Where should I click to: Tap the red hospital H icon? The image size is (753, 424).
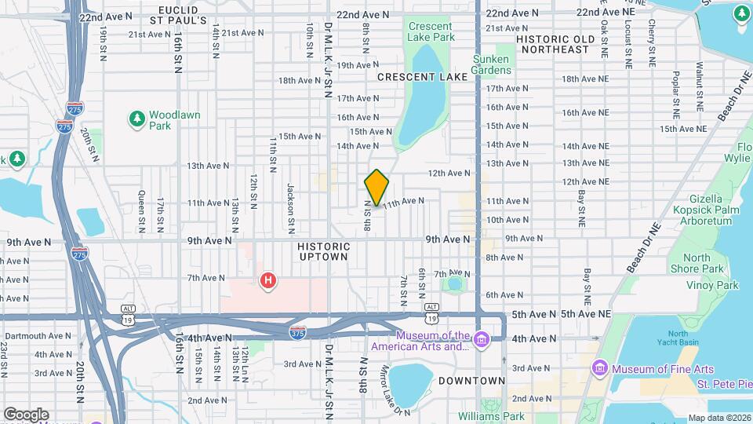click(x=268, y=280)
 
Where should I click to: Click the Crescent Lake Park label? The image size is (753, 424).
click(x=431, y=31)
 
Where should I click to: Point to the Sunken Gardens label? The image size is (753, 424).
click(x=492, y=64)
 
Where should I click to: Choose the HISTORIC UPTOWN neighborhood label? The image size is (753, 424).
click(x=323, y=251)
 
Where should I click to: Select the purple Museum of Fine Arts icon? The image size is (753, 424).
click(x=601, y=368)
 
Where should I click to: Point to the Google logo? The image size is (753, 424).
click(x=26, y=414)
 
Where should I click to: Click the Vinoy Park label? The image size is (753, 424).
click(x=712, y=285)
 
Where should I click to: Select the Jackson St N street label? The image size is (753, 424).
click(x=290, y=208)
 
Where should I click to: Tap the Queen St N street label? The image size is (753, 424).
click(x=141, y=212)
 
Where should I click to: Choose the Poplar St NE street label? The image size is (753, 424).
click(x=675, y=90)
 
